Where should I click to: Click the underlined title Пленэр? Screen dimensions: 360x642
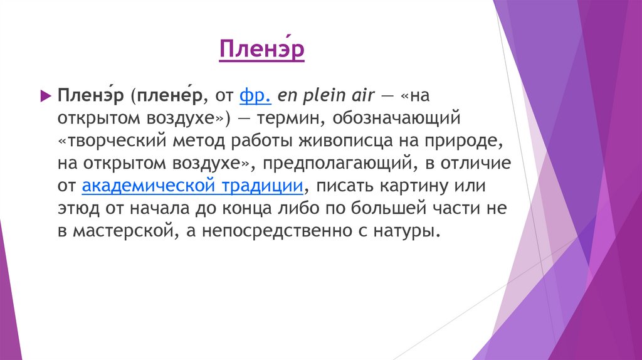pyautogui.click(x=262, y=50)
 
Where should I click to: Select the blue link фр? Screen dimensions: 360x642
pyautogui.click(x=255, y=96)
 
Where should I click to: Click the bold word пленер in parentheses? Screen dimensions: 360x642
pyautogui.click(x=170, y=96)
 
